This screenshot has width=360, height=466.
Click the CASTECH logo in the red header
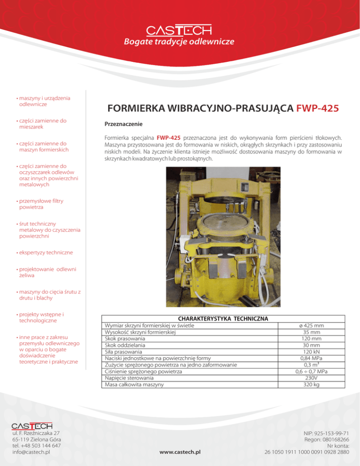(x=179, y=30)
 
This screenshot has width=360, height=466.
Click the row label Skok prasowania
(x=124, y=338)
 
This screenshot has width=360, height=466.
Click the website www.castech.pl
(x=180, y=452)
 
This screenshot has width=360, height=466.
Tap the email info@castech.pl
(x=31, y=452)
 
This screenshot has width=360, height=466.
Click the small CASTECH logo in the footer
(x=31, y=426)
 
